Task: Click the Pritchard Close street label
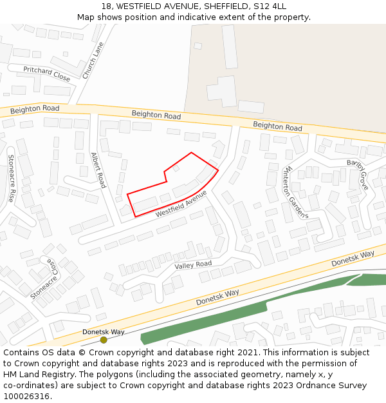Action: (47, 73)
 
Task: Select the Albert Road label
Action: (98, 170)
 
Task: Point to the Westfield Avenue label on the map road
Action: (181, 202)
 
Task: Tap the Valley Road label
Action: (193, 264)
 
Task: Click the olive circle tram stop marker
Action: (104, 340)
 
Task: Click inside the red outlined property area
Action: (174, 187)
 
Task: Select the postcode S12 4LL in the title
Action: (270, 6)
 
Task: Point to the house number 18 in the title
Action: (106, 6)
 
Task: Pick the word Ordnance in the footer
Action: (313, 386)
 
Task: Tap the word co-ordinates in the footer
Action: (28, 386)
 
